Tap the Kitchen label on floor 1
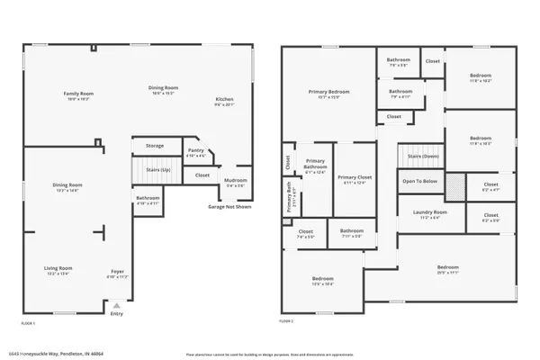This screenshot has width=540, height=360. tap(224, 99)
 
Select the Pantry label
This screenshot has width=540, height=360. tap(194, 152)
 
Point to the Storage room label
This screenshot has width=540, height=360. tap(155, 145)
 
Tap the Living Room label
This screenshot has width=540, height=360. tap(59, 269)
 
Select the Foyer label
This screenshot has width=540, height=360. tap(117, 271)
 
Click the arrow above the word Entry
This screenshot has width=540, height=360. tap(117, 305)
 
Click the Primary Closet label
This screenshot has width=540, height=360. tap(354, 178)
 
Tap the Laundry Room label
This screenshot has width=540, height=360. tap(430, 213)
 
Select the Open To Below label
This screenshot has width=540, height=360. tap(420, 181)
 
